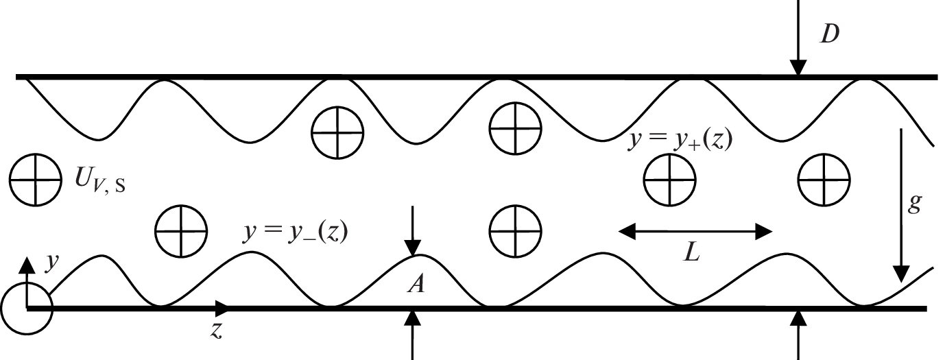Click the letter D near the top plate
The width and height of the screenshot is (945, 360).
[x=830, y=35]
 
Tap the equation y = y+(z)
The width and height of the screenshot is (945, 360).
[x=681, y=140]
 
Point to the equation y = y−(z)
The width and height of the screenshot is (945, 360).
[x=296, y=232]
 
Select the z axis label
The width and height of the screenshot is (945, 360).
[x=216, y=330]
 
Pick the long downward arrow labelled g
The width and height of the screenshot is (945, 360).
[x=900, y=206]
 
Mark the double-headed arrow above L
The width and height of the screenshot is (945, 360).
[x=695, y=232]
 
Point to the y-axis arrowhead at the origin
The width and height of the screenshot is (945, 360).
[x=26, y=264]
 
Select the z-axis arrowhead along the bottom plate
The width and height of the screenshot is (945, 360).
[x=222, y=308]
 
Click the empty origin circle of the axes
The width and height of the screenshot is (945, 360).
[x=26, y=309]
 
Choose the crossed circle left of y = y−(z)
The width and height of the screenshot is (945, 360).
[x=180, y=229]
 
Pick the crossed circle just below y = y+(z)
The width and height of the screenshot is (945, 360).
[x=669, y=180]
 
